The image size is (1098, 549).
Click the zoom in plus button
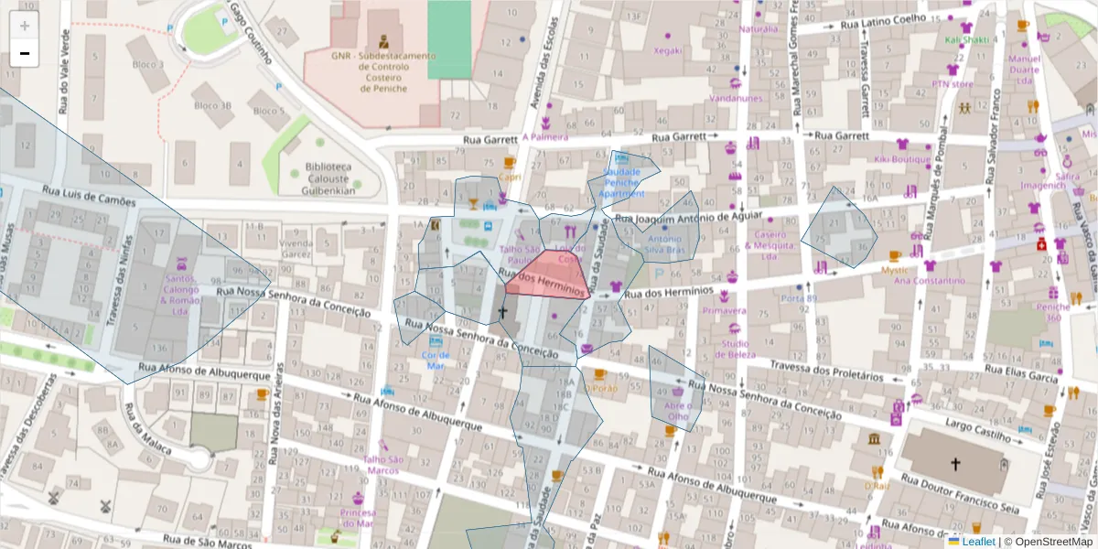[25, 27]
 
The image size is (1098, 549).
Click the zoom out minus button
[25, 53]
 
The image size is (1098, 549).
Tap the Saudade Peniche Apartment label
[622, 182]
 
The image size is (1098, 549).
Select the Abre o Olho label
[678, 411]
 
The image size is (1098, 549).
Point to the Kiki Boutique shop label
[901, 158]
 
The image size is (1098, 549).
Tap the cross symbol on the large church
[955, 464]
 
